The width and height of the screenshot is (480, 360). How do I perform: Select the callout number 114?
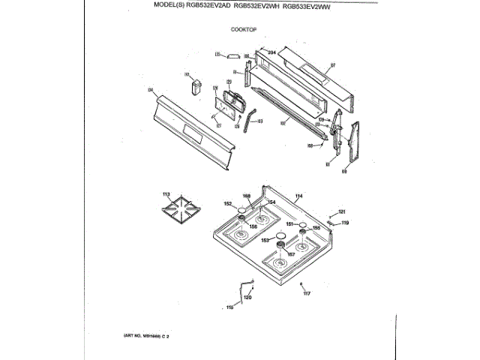[298, 196]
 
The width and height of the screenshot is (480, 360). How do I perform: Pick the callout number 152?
[227, 204]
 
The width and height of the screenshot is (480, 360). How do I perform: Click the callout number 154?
[271, 203]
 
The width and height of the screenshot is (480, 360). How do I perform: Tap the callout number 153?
[265, 240]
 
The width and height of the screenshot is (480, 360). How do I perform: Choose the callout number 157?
[292, 254]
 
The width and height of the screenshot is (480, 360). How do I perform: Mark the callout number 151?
[289, 224]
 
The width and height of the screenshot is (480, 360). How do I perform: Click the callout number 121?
[343, 211]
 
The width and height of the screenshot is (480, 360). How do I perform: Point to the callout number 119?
[345, 223]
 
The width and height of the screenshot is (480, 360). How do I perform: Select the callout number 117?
[306, 292]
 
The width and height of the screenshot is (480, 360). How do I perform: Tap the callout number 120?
[247, 298]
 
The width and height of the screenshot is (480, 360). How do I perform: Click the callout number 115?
[230, 307]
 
